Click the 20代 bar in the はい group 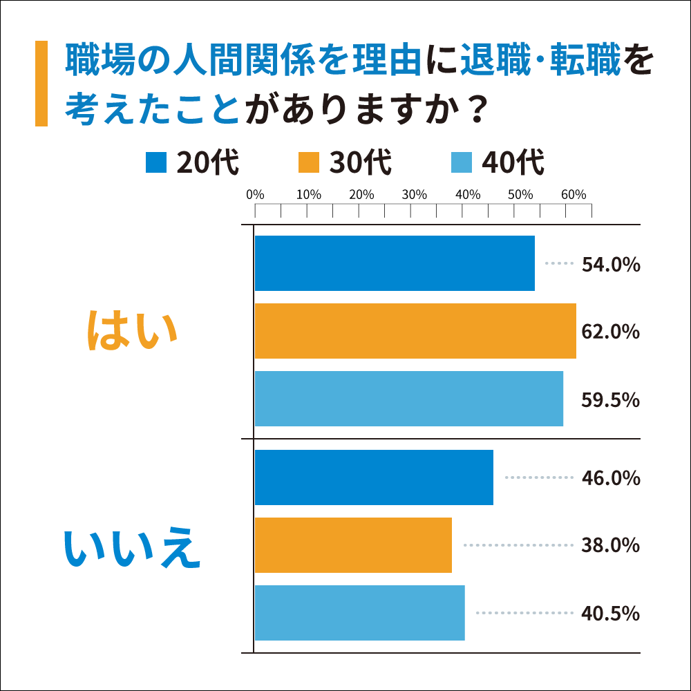[395, 263]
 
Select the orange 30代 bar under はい [415, 331]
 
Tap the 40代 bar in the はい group [409, 399]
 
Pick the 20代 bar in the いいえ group [374, 477]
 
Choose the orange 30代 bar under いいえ [353, 545]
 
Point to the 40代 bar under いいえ [359, 613]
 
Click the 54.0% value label [611, 265]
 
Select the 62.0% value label [611, 332]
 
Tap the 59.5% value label [611, 399]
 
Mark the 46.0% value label [611, 478]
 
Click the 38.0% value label [611, 546]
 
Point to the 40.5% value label [611, 614]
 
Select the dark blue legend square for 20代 [157, 163]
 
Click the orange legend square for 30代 [309, 163]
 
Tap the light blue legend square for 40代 [461, 163]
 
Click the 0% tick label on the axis [256, 195]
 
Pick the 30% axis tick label [414, 195]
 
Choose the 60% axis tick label [573, 195]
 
